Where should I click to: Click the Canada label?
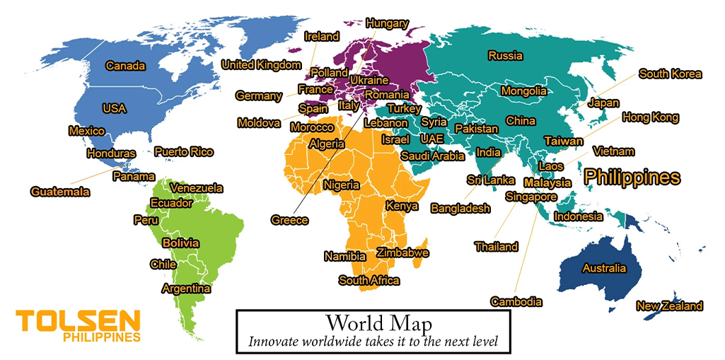point(125,66)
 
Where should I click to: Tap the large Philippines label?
point(632,177)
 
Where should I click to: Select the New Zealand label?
point(669,306)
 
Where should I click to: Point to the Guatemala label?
point(60,192)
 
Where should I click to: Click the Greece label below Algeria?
point(289,220)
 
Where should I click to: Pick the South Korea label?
point(670,74)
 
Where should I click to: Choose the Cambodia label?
point(516,302)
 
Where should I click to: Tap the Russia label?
point(505,55)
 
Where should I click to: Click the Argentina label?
point(186,289)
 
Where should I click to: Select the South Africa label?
point(369,281)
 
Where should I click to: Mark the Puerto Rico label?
point(183,151)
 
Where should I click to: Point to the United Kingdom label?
point(261,65)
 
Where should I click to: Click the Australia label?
point(603,268)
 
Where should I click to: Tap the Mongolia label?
point(523,91)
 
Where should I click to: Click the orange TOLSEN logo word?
point(78,320)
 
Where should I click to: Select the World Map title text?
point(370,323)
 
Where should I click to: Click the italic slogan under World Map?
point(373,341)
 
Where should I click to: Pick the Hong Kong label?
point(650,117)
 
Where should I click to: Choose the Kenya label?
point(401,206)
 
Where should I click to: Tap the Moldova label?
point(259,123)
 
